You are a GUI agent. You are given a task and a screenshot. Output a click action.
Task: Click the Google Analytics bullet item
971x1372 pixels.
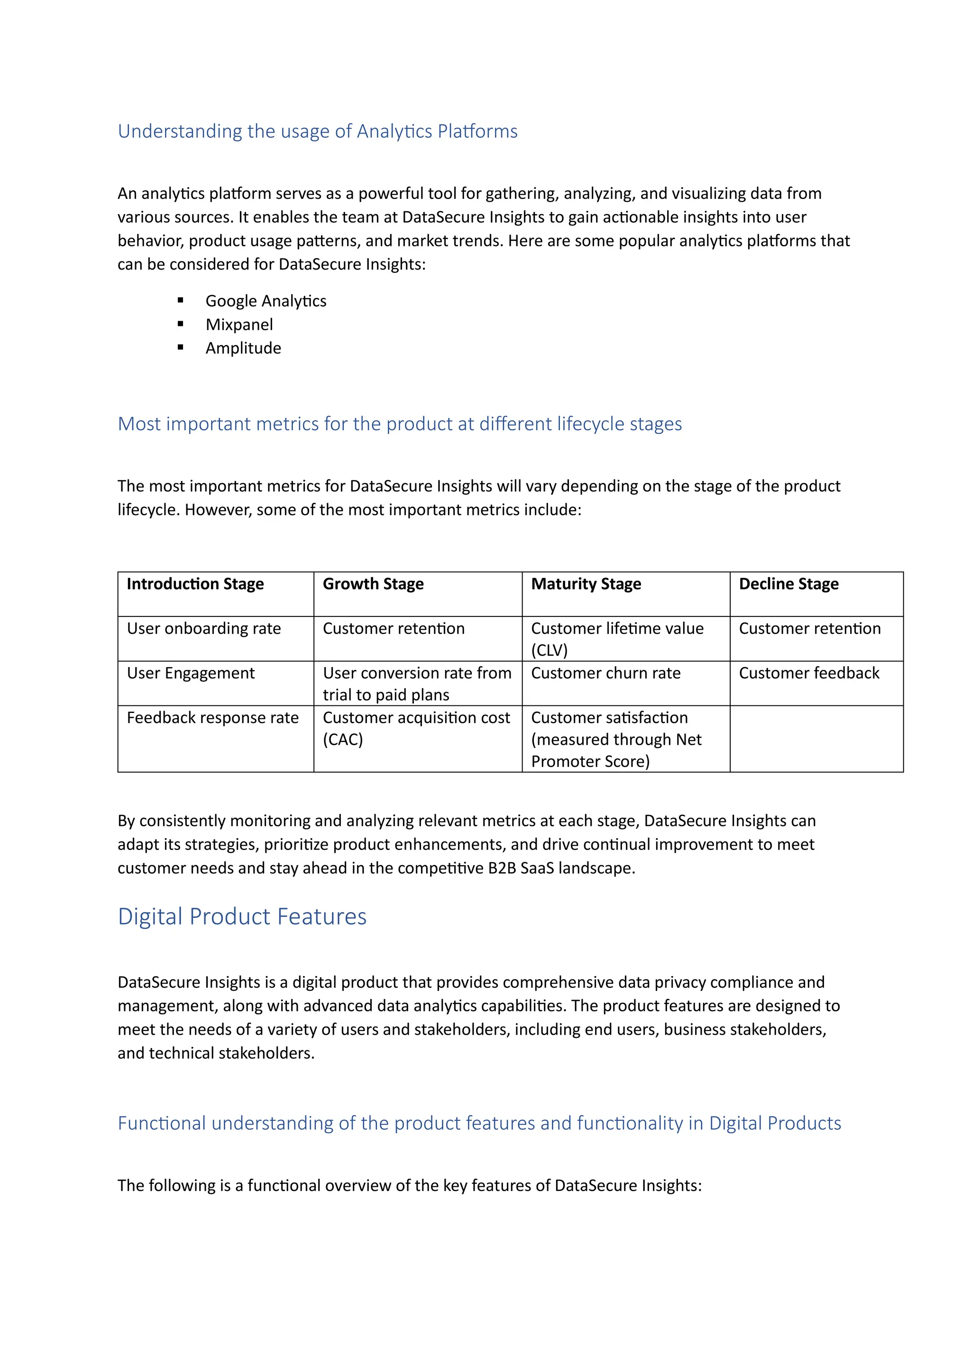[266, 301]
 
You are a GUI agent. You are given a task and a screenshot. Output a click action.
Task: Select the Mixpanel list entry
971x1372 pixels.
[239, 325]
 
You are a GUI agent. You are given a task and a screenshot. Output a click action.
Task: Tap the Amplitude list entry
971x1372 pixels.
[243, 348]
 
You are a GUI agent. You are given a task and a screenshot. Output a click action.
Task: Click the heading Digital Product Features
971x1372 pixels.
[242, 917]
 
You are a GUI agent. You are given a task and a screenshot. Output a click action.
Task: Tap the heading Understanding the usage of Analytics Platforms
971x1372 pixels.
[318, 131]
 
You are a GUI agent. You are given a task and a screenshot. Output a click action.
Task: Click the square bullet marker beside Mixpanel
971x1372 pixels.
[181, 325]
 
